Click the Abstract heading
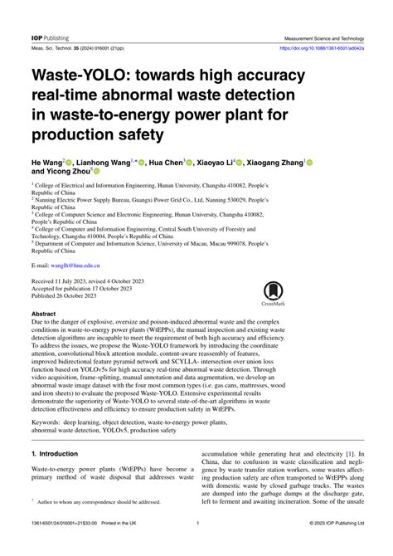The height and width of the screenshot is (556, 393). [44, 315]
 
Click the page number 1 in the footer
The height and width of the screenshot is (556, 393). [197, 546]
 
